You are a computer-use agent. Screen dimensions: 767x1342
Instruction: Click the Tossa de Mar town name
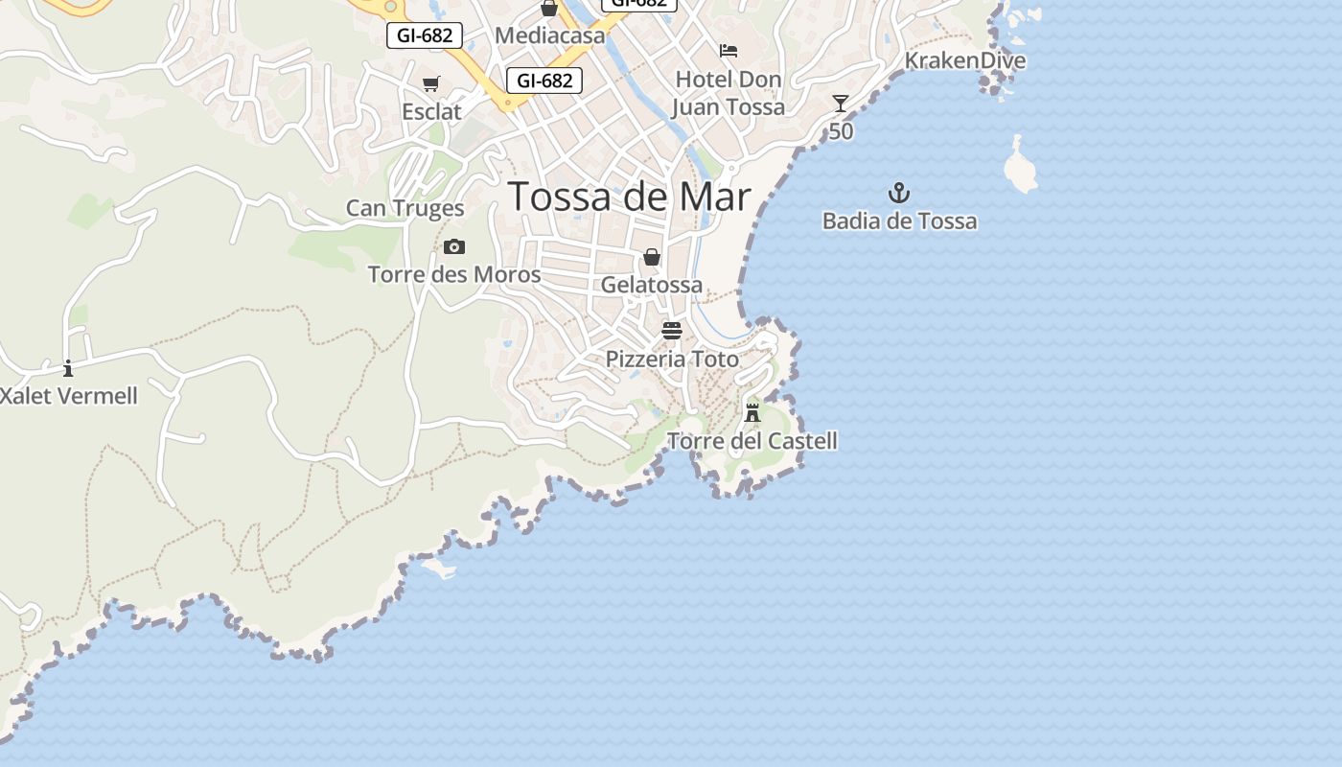point(629,197)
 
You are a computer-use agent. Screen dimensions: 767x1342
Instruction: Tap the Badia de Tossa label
point(899,221)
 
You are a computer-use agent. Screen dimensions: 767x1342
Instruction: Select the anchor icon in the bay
point(898,193)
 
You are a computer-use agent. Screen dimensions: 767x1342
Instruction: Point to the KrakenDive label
point(964,61)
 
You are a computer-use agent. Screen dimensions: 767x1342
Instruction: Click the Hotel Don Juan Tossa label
point(728,93)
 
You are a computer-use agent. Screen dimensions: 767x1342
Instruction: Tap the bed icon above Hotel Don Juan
point(729,51)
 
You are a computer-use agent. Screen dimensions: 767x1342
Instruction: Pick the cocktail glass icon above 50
point(841,104)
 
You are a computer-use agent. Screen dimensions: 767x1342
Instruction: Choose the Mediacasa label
point(550,36)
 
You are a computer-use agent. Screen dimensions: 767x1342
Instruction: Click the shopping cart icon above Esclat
point(431,84)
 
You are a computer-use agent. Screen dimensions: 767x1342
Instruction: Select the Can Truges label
point(405,208)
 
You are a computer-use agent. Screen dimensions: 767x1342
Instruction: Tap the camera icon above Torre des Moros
point(454,247)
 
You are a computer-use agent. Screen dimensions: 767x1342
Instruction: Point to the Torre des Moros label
point(454,275)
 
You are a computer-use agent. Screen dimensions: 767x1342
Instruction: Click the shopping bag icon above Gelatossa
point(652,257)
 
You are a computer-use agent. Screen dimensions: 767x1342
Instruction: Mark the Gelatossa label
point(652,285)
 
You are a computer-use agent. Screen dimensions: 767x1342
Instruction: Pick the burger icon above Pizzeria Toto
point(672,331)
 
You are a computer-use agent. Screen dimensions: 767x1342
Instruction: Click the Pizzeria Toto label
point(672,360)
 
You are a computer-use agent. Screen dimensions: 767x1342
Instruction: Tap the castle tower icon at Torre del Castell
point(752,413)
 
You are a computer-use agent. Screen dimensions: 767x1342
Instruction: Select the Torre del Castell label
point(752,442)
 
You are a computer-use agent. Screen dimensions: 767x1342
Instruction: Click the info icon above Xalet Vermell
point(68,368)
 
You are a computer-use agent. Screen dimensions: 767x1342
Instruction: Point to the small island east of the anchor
point(1019,167)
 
